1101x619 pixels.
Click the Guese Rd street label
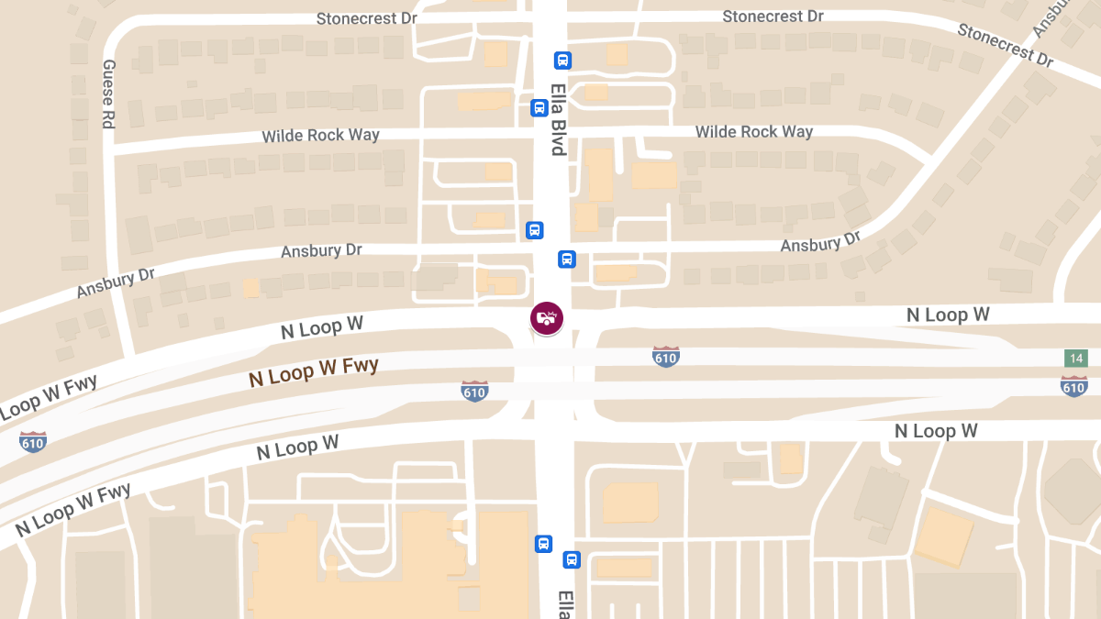(x=108, y=94)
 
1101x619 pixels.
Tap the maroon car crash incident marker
(x=547, y=318)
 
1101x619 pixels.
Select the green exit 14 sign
(x=1076, y=359)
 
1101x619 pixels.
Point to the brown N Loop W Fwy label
(x=314, y=371)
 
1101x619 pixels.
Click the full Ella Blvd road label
(x=557, y=121)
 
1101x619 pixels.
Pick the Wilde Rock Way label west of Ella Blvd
(x=320, y=136)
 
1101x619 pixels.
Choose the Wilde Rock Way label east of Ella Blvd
(x=753, y=132)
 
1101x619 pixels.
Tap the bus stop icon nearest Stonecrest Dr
(x=562, y=61)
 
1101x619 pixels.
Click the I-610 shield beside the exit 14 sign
(x=1073, y=385)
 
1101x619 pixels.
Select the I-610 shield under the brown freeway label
(x=474, y=392)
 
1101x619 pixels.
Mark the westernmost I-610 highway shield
(x=33, y=442)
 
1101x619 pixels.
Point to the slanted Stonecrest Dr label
(x=1005, y=44)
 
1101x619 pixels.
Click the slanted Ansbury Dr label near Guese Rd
(x=116, y=283)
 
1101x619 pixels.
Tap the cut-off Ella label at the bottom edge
(x=564, y=604)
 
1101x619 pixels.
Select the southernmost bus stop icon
(x=572, y=559)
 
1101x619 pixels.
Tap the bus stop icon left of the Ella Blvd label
(x=539, y=108)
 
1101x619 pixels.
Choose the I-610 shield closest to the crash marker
(x=665, y=357)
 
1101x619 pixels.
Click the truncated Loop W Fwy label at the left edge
(x=49, y=394)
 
